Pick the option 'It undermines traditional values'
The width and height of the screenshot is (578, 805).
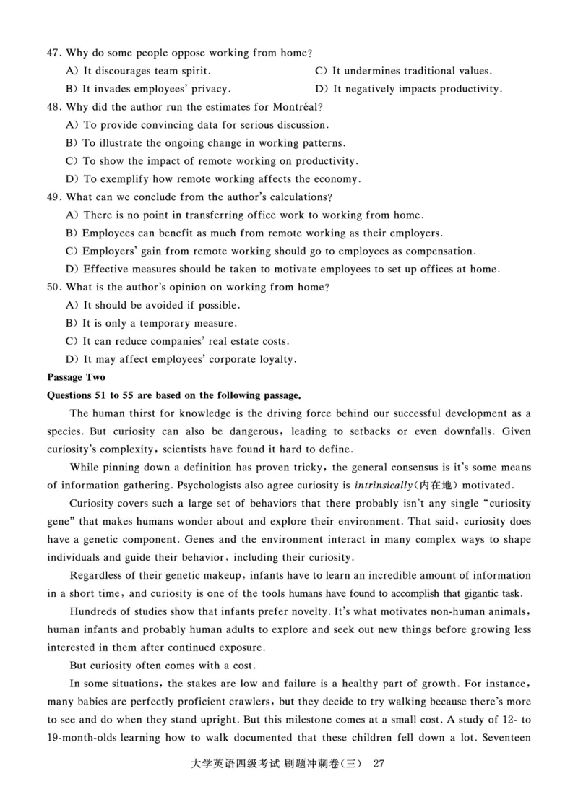(x=412, y=71)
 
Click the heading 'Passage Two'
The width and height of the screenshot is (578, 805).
(x=76, y=377)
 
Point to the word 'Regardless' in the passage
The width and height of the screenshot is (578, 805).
(x=98, y=575)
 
